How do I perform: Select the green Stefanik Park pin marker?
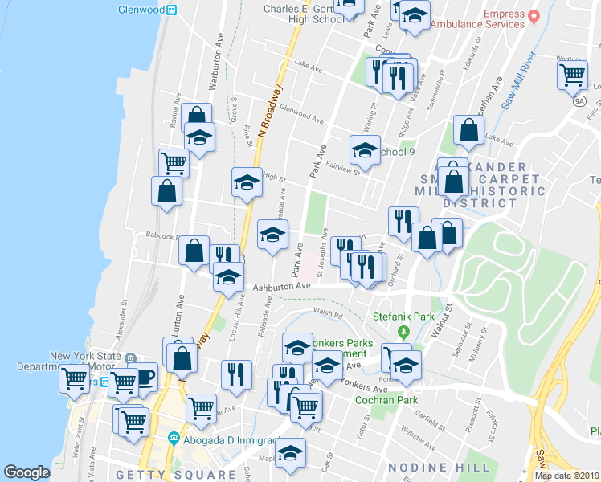pos(404,332)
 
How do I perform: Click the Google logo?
pos(27,472)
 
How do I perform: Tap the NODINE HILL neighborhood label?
pos(438,467)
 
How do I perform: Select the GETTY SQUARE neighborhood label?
pos(187,474)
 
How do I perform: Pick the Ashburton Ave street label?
pos(281,287)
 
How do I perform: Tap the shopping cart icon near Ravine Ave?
pos(174,162)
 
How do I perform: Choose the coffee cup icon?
pos(144,377)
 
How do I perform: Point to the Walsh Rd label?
pos(328,315)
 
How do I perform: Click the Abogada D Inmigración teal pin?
pos(174,439)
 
